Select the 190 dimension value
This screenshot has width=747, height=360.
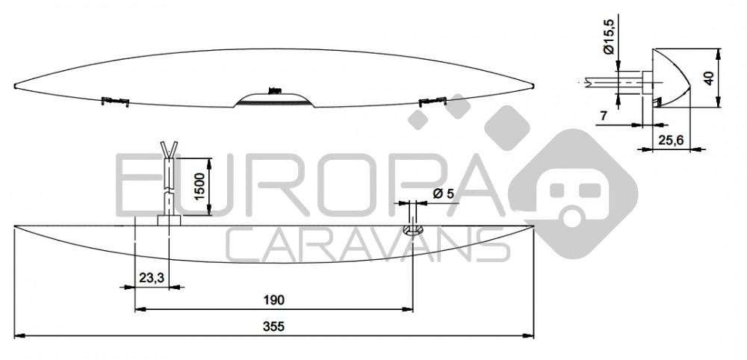(273, 300)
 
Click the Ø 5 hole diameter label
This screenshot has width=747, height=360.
(442, 193)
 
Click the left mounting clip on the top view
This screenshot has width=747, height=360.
(115, 99)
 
